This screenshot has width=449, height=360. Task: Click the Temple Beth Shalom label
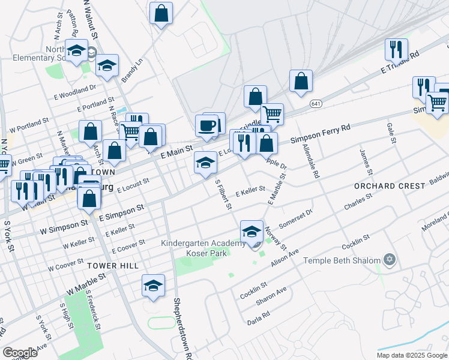pyautogui.click(x=342, y=260)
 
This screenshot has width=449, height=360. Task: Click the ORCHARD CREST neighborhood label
pyautogui.click(x=389, y=186)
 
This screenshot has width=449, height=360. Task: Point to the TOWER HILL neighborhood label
pyautogui.click(x=112, y=265)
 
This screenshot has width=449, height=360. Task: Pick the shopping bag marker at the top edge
pyautogui.click(x=161, y=13)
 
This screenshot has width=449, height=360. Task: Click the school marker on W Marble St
pyautogui.click(x=153, y=286)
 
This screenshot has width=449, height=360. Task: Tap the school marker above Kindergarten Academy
pyautogui.click(x=252, y=231)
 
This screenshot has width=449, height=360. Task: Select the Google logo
pyautogui.click(x=20, y=353)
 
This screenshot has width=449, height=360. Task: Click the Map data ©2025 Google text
pyautogui.click(x=412, y=355)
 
